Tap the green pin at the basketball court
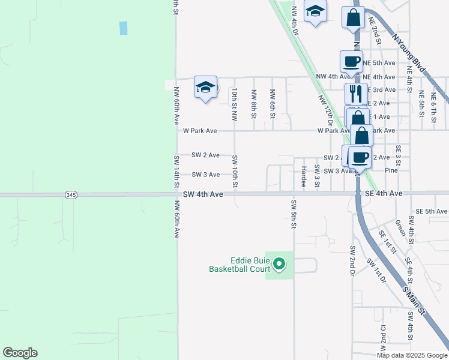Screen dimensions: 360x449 pos(279,263)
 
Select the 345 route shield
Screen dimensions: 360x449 pos(70,195)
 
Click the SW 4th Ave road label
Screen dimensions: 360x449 pos(203,194)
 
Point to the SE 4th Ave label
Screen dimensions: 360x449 pos(385,194)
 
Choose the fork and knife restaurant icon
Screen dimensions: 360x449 pos(356,94)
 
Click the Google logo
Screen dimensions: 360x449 pos(20,353)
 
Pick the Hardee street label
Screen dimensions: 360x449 pos(304,176)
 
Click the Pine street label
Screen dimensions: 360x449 pos(391,170)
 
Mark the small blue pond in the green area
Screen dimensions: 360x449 pos(124,28)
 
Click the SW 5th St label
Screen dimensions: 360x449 pos(294,214)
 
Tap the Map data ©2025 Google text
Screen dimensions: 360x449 pos(412,355)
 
